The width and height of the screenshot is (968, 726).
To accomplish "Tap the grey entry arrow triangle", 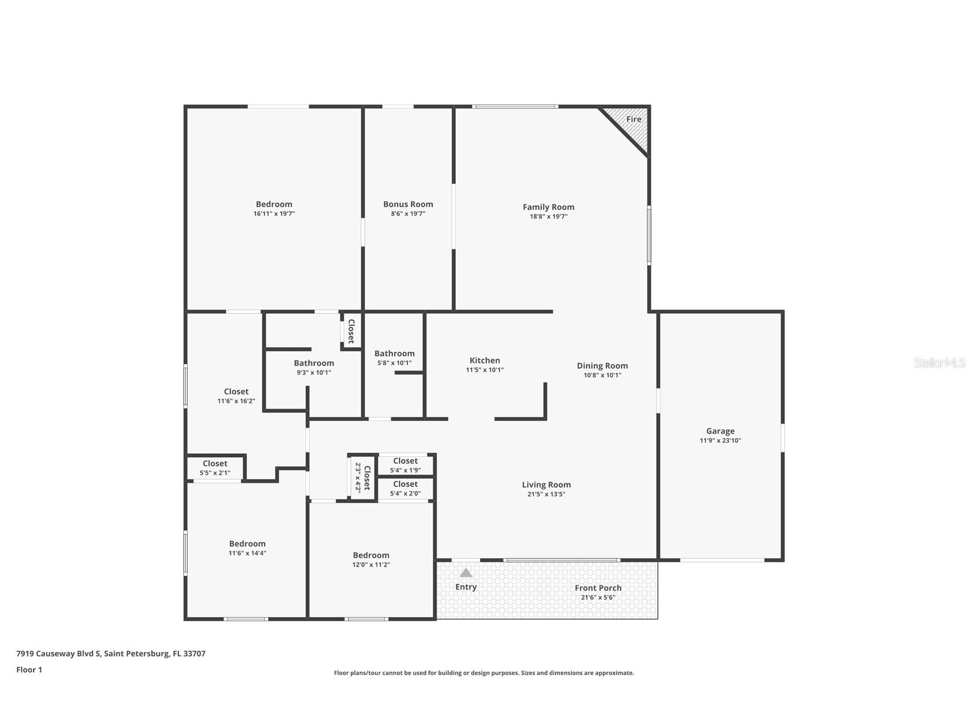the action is tap(466, 572).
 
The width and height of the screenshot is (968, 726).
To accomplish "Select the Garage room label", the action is tap(720, 431).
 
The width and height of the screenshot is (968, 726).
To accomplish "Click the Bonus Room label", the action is tap(408, 204).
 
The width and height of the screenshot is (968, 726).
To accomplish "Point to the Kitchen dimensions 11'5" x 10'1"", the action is tap(485, 370).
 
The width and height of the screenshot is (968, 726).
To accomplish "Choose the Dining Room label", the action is tap(602, 366).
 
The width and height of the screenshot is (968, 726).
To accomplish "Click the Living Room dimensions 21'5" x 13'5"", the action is tap(546, 494).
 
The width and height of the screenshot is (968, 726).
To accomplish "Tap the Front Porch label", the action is tap(598, 588).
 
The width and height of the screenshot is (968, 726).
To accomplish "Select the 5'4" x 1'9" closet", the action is tap(406, 465).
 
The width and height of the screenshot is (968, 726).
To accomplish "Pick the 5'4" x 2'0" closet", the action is tap(406, 489).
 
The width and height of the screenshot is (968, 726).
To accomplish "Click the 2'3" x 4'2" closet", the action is tap(363, 478).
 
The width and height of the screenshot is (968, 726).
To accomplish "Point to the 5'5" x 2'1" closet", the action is tap(215, 468).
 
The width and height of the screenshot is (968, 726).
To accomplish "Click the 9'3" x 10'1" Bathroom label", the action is tap(314, 363).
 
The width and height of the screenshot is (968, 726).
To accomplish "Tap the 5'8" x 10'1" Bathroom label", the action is tap(394, 353).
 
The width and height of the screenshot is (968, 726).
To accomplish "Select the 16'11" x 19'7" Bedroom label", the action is tap(274, 204).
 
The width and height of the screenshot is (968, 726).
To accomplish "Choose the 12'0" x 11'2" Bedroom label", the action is tap(371, 555).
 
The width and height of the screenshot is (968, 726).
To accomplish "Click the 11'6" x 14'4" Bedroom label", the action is tap(248, 543).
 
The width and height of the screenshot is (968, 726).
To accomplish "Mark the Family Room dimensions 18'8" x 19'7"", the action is tap(549, 217).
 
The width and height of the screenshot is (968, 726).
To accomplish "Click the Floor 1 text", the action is tap(29, 669).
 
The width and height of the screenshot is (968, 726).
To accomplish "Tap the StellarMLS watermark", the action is tap(939, 362).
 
